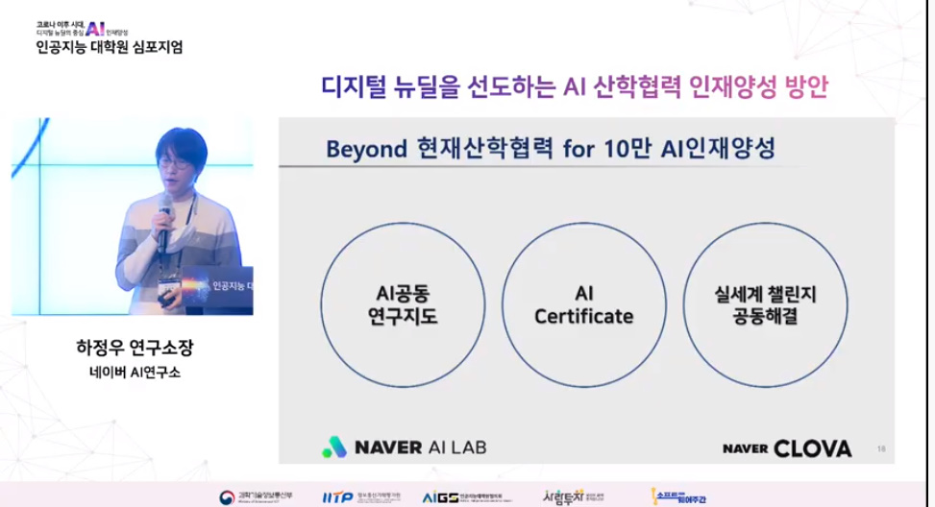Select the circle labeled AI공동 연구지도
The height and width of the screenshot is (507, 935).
(x=403, y=302)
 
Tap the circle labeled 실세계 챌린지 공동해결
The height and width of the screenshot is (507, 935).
(x=766, y=302)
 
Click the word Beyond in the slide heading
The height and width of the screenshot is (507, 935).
(x=366, y=151)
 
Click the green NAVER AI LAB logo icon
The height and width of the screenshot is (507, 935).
(x=332, y=447)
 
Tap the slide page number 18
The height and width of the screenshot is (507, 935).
(x=882, y=447)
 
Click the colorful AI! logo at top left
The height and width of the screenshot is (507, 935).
(x=94, y=27)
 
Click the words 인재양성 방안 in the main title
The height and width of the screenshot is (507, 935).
(x=759, y=87)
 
